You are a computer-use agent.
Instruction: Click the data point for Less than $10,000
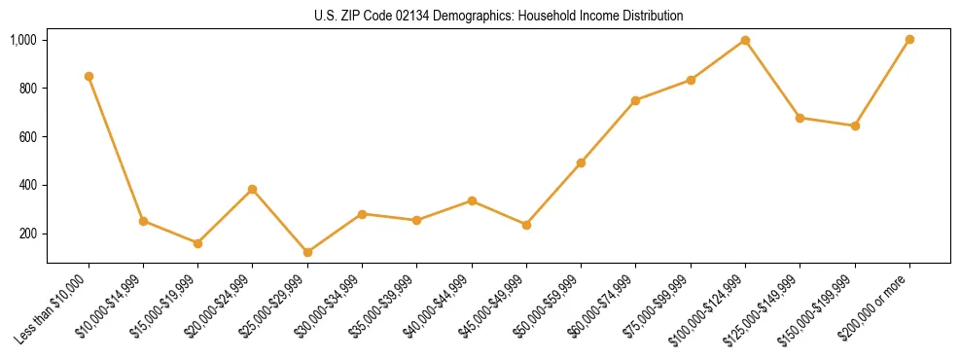click(x=89, y=76)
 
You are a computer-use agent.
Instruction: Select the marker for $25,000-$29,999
click(x=307, y=252)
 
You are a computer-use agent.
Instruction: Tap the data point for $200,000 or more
click(x=909, y=40)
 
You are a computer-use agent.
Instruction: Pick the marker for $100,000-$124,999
click(x=745, y=40)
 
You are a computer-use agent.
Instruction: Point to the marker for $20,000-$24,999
click(x=253, y=189)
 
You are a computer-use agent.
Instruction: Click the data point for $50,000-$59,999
click(x=581, y=162)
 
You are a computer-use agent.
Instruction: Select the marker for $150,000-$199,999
click(x=855, y=126)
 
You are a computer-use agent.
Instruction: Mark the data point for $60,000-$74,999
click(x=635, y=100)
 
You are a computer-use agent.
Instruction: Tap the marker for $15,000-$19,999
click(x=197, y=243)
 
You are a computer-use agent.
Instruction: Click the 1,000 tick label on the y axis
click(x=23, y=40)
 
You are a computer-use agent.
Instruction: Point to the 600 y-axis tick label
click(x=27, y=137)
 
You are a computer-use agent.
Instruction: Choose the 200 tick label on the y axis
click(x=27, y=234)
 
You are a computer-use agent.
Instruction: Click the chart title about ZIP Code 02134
click(x=498, y=16)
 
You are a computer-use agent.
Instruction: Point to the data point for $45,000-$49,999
click(x=526, y=225)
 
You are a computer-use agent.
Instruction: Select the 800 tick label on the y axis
click(x=27, y=89)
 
